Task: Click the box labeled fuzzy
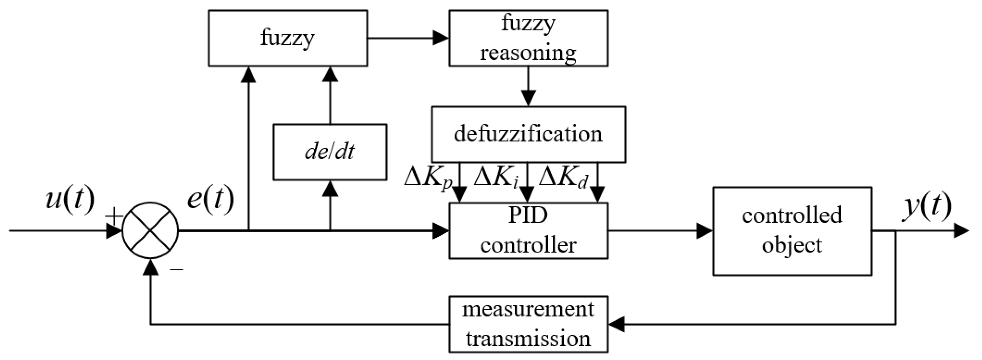click(x=288, y=38)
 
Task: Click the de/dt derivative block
click(x=330, y=152)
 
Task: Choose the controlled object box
click(x=792, y=231)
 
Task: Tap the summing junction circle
click(x=150, y=231)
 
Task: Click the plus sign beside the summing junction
click(x=114, y=217)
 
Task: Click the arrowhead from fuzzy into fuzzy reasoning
click(x=441, y=38)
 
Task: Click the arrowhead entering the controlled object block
click(x=704, y=231)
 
